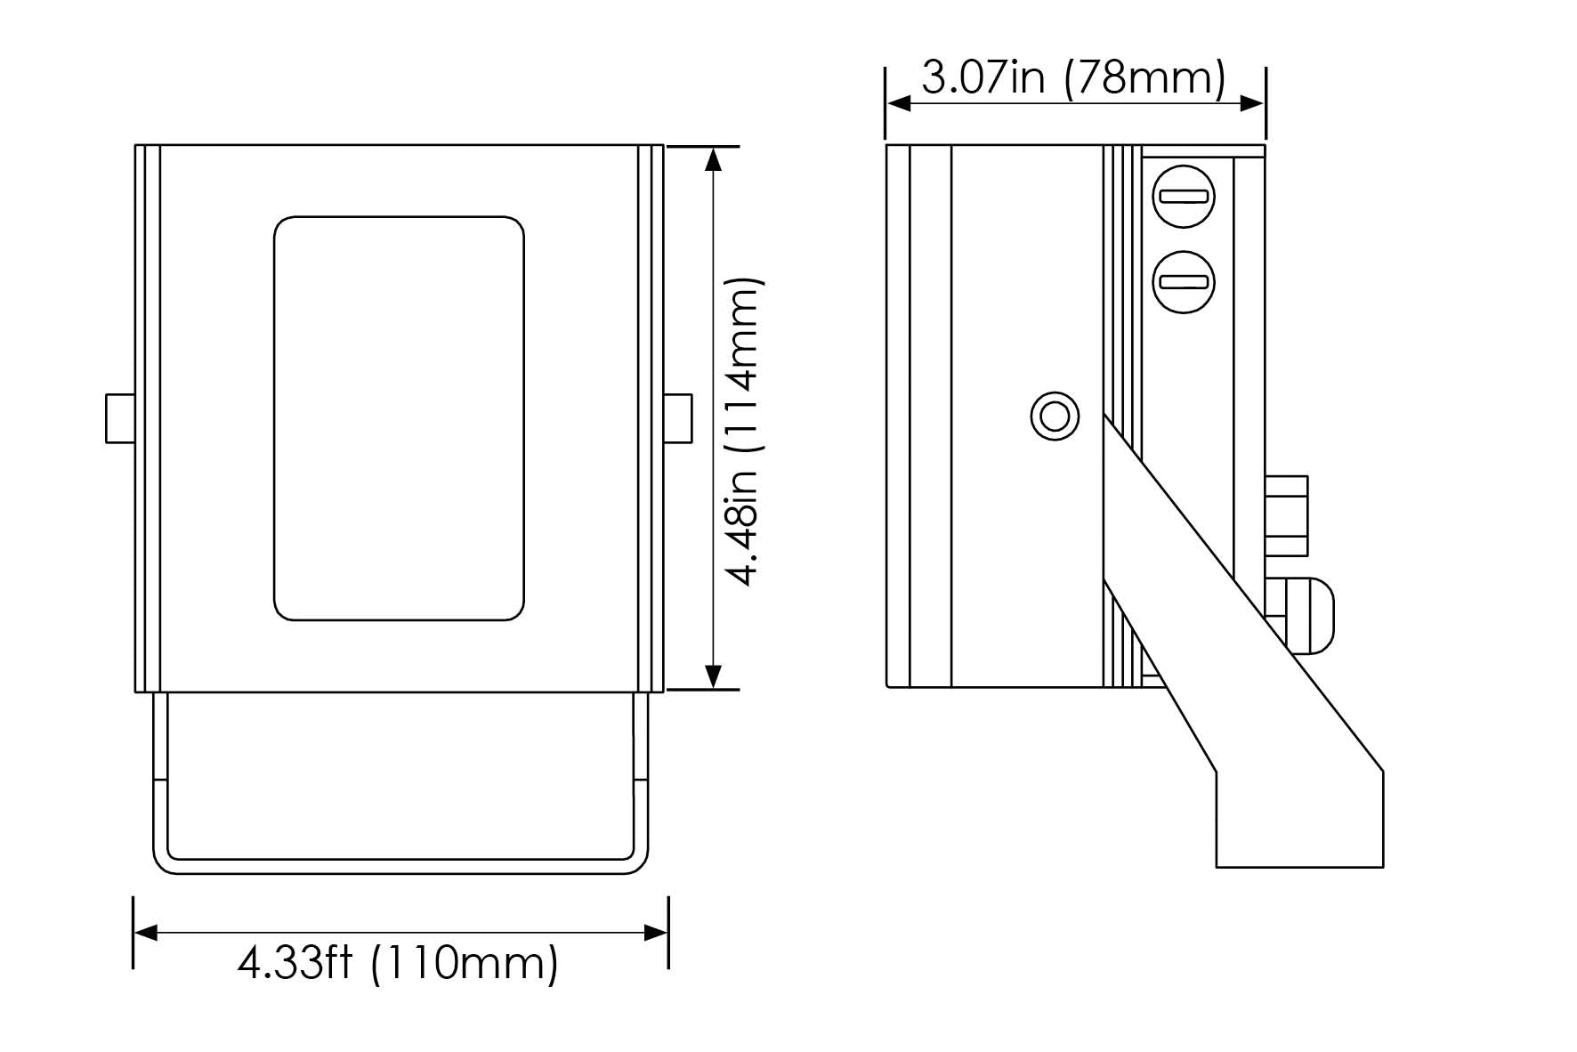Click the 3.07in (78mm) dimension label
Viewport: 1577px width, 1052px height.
click(1073, 78)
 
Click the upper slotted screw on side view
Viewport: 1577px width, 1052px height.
click(1183, 197)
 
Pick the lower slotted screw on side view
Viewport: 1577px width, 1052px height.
click(1183, 282)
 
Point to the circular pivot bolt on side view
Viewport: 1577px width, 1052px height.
click(1055, 416)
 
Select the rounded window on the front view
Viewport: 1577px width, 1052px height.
click(399, 417)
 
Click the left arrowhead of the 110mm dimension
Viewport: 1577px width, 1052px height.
click(145, 933)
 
